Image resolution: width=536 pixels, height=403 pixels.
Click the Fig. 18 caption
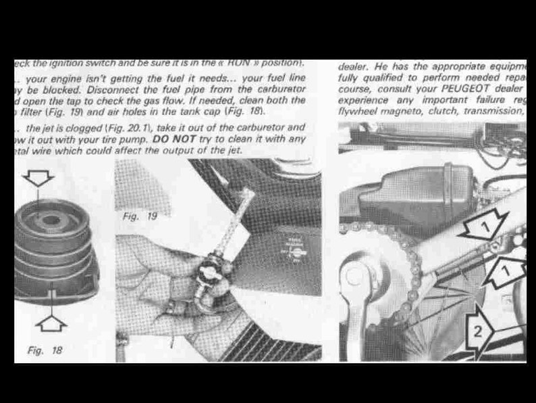(x=45, y=350)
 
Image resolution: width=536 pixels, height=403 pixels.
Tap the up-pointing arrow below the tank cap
(x=51, y=322)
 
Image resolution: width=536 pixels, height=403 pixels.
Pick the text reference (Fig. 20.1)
(x=128, y=128)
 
